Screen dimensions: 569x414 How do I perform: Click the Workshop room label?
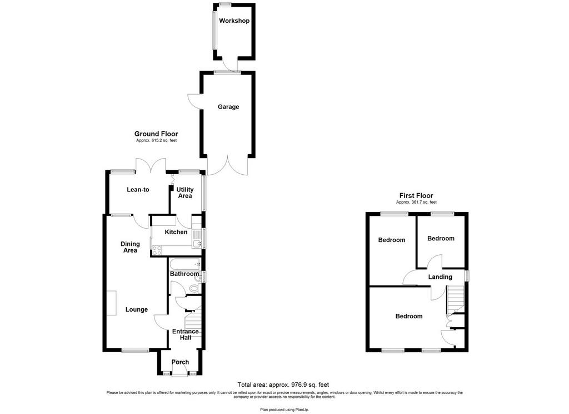pos(234,21)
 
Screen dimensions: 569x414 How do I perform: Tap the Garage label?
pos(228,107)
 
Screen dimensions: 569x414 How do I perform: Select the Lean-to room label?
pos(138,189)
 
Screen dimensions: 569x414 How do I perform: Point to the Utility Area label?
pos(184,193)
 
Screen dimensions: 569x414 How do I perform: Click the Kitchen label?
pos(176,232)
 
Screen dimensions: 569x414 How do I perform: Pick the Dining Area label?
pos(130,247)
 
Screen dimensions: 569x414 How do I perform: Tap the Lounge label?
pos(137,309)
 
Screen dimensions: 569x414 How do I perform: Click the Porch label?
pos(180,362)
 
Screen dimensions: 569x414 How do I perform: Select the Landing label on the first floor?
pos(440,277)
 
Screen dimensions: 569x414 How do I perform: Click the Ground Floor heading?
pos(156,134)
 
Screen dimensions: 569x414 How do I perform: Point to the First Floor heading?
pos(416,195)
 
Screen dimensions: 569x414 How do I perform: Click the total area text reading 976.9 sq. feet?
pos(283,385)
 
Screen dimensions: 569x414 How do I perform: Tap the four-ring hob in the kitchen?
pos(157,250)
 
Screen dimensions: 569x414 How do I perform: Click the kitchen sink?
pos(197,239)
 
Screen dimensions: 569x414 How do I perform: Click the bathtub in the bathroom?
pos(185,264)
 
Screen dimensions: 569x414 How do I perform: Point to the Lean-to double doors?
pos(151,166)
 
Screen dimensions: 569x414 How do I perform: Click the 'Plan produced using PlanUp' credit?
pos(284,410)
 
